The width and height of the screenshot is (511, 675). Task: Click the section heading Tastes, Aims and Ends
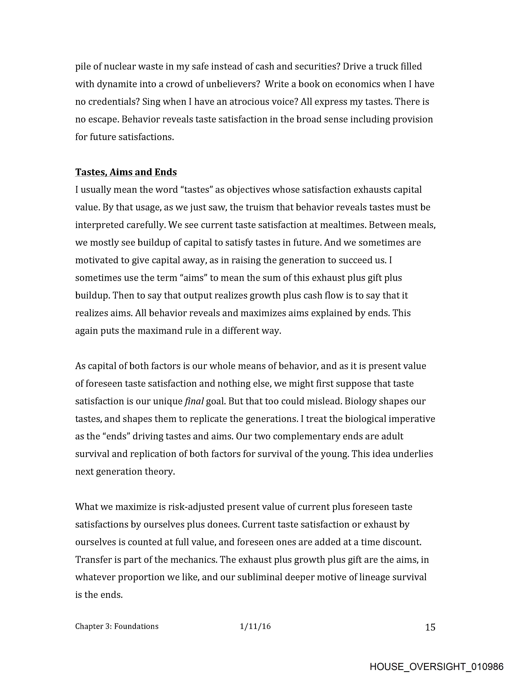pos(126,172)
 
